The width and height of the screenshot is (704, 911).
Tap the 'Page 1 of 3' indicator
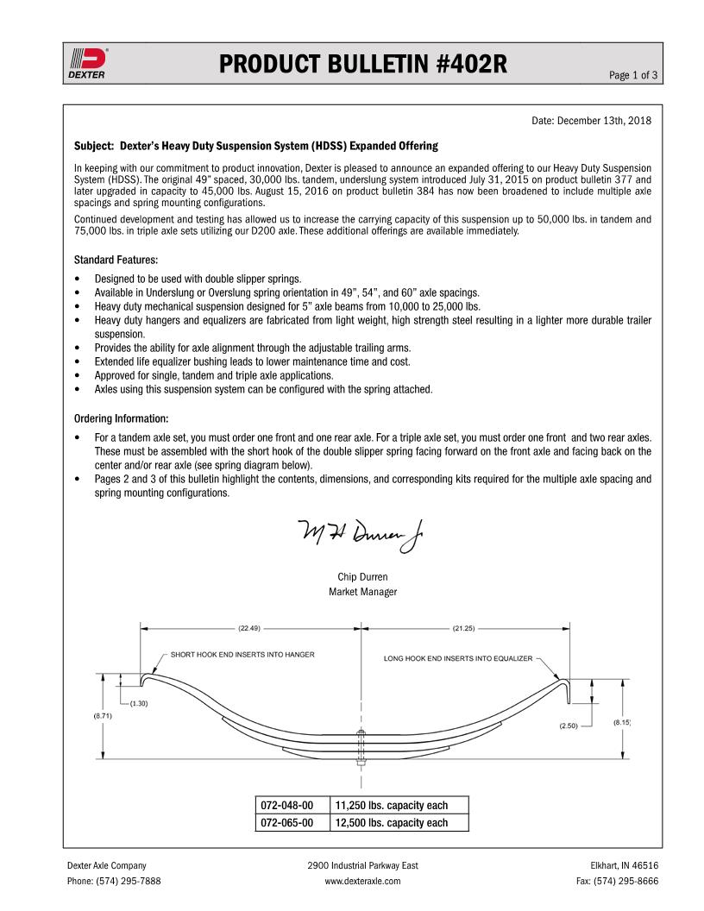click(x=633, y=75)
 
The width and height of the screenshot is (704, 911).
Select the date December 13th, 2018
click(x=591, y=120)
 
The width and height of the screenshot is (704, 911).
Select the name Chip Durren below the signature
click(x=362, y=576)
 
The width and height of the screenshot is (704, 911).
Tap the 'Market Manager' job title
click(x=362, y=592)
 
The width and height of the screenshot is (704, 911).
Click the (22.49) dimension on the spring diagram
click(x=250, y=627)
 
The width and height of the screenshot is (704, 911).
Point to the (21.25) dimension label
click(x=463, y=627)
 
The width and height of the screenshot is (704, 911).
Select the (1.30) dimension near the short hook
click(x=138, y=703)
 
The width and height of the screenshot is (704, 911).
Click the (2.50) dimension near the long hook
click(x=568, y=726)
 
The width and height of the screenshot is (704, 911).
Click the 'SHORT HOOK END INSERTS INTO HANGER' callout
click(x=242, y=655)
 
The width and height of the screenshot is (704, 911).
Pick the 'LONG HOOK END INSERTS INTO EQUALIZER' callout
click(x=458, y=658)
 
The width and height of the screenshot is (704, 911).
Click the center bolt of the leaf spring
click(x=360, y=743)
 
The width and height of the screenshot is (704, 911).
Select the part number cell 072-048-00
click(x=287, y=806)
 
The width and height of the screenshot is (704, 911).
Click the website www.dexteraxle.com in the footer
click(x=362, y=881)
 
